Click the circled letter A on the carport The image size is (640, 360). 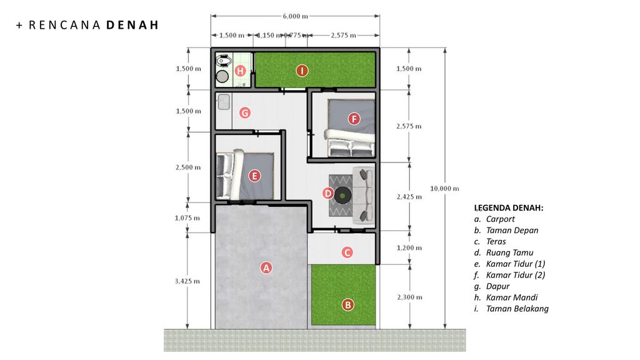[266, 267]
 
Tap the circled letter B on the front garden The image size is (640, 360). [347, 304]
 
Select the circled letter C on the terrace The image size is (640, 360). [347, 252]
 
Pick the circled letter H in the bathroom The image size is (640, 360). [240, 71]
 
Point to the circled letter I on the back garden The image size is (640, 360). [302, 71]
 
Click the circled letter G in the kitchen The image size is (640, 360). [245, 112]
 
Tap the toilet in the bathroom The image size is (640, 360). [223, 61]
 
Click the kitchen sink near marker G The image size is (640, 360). [223, 102]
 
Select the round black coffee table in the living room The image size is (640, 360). [342, 196]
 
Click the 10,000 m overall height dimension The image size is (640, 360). [444, 189]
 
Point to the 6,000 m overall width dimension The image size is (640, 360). [296, 16]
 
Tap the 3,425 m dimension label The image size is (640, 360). [187, 281]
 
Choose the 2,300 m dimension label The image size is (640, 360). [410, 297]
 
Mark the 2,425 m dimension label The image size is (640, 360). [409, 197]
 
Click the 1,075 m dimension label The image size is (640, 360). [187, 218]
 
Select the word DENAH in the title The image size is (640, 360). [132, 25]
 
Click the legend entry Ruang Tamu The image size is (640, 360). [509, 252]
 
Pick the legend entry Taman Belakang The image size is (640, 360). [517, 309]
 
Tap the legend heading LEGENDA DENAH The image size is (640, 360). [509, 207]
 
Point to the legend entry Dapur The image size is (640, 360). [497, 286]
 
